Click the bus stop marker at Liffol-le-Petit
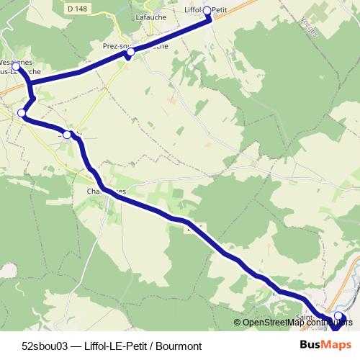pos(207,10)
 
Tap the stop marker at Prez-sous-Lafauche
pos(130,53)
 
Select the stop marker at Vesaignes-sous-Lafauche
pos(16,66)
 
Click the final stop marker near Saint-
pos(338,316)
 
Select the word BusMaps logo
pos(325,345)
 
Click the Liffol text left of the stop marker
pos(194,10)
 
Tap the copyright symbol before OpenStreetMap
pos(238,323)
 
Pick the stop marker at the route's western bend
pos(22,113)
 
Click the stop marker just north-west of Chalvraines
pos(68,135)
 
